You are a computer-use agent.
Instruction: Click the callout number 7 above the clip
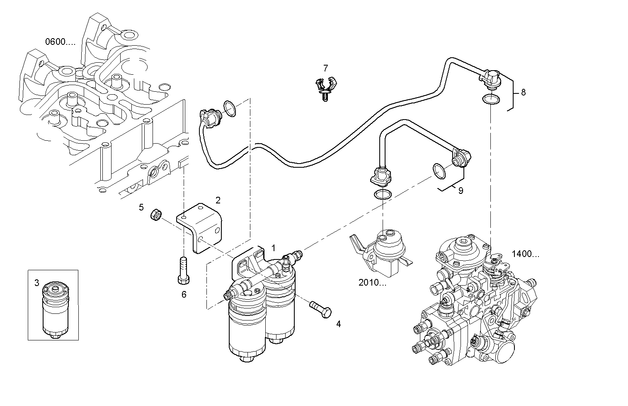(x=325, y=68)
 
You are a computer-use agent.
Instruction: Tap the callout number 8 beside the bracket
(x=523, y=93)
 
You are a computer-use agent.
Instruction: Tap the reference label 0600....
(x=60, y=42)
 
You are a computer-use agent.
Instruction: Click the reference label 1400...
(x=525, y=254)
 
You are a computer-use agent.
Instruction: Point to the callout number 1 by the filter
(x=273, y=248)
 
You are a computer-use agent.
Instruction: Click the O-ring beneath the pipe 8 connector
(x=491, y=100)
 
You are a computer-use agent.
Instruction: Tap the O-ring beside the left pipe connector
(x=230, y=109)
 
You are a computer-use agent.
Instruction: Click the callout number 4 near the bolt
(x=338, y=324)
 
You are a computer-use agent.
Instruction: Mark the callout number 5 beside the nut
(x=141, y=207)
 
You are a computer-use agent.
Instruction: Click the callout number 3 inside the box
(x=36, y=283)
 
